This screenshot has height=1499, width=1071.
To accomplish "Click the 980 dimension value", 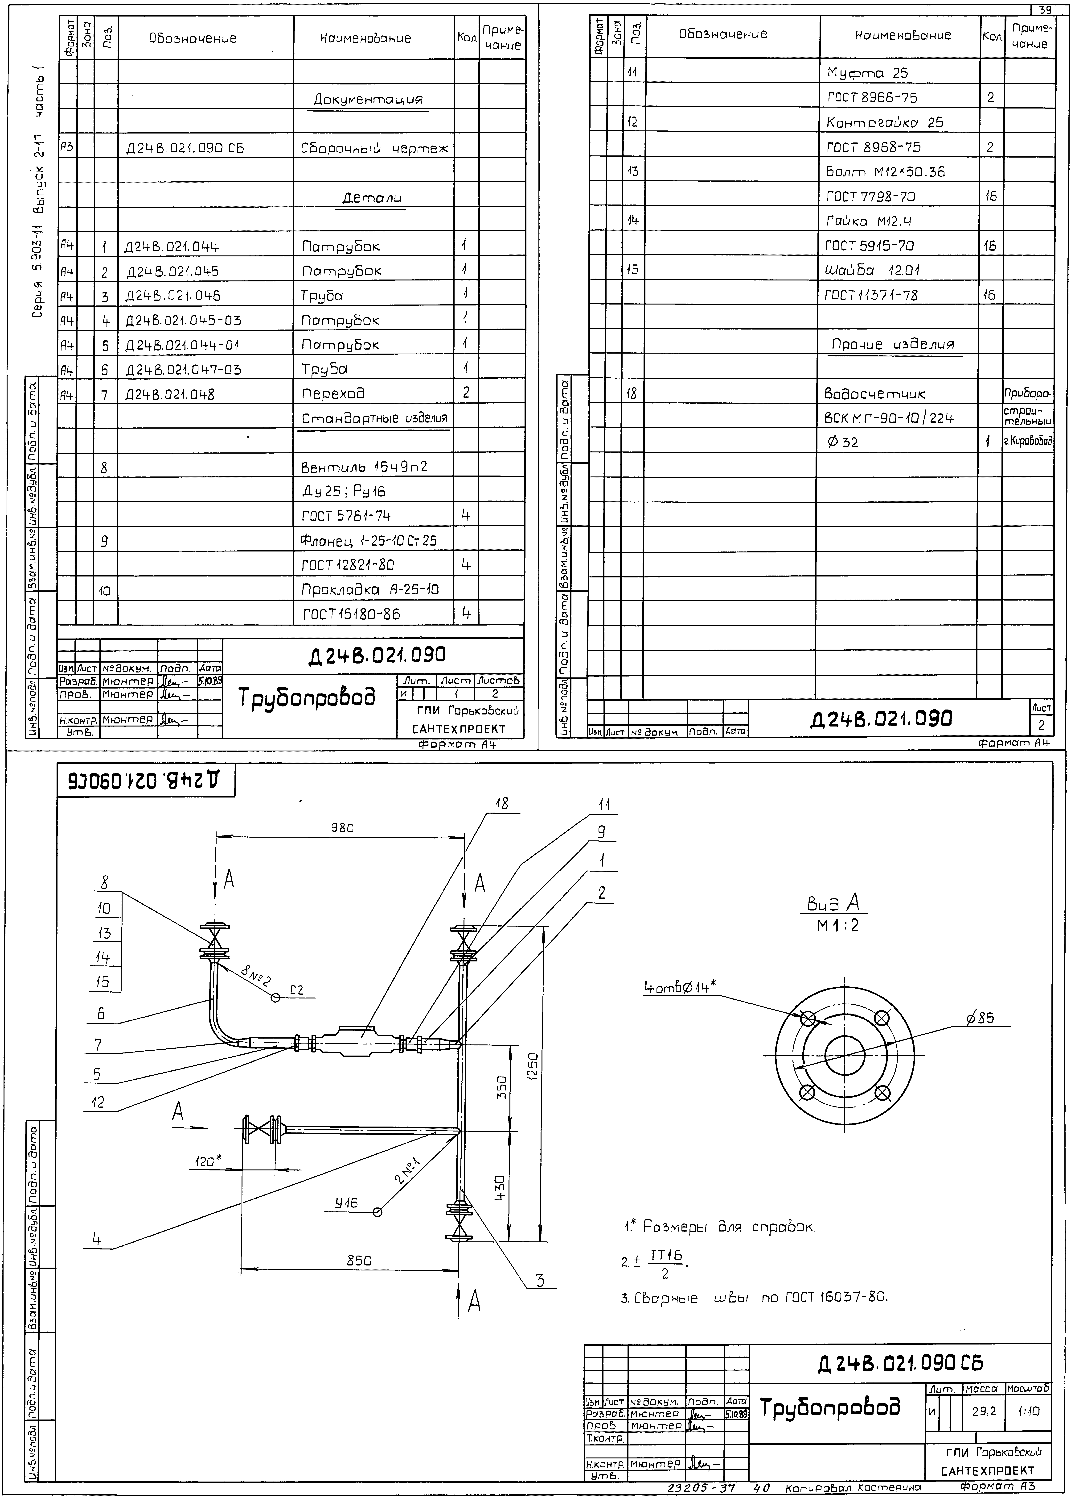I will click(x=342, y=827).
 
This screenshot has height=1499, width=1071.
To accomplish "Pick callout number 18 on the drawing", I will click(x=503, y=803).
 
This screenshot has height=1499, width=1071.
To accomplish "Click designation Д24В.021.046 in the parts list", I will click(x=173, y=296).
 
